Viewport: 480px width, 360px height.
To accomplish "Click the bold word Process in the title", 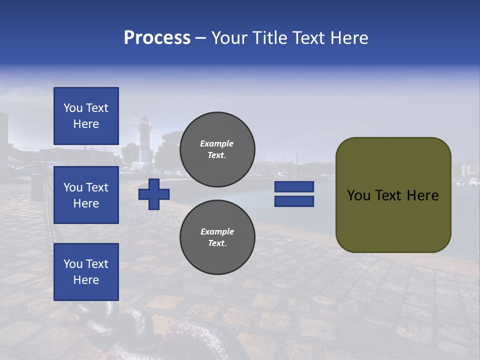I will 157,38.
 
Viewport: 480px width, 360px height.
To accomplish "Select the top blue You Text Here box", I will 86,116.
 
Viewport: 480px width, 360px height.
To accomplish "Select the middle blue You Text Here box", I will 86,195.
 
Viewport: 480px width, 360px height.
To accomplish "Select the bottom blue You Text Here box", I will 86,272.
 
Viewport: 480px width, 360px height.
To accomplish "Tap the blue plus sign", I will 154,194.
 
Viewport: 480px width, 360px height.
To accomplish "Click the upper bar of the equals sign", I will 294,187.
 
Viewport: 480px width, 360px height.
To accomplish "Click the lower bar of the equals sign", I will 294,201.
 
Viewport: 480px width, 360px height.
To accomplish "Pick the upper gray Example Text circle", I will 217,149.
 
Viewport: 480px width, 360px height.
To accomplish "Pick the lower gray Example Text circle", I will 217,237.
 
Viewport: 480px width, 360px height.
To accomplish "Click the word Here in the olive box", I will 422,195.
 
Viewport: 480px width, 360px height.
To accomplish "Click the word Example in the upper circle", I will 216,143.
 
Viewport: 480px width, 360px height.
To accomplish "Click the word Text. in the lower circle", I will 217,243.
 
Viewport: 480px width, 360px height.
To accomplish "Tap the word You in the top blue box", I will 73,108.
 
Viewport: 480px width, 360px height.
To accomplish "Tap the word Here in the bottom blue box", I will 86,280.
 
